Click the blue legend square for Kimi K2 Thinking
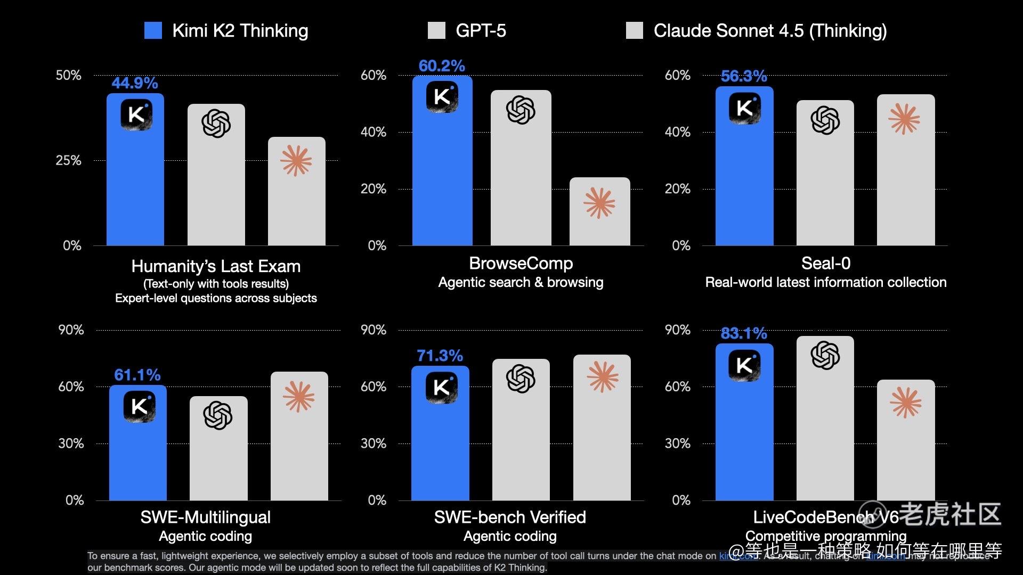[x=153, y=30]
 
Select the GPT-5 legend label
[x=480, y=31]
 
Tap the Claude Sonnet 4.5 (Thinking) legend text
[x=770, y=31]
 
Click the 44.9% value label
[x=134, y=83]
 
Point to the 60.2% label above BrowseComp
[x=442, y=66]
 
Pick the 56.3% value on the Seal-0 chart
[x=744, y=76]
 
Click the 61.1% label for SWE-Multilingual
[x=137, y=375]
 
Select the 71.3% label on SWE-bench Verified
[x=440, y=356]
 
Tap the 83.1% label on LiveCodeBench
[x=744, y=333]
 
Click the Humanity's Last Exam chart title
[x=216, y=266]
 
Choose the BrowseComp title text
[x=521, y=263]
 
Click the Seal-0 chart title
[x=825, y=263]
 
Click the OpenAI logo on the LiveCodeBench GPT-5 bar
[x=825, y=355]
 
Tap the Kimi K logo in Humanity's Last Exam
[x=136, y=114]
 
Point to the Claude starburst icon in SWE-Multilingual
[x=298, y=397]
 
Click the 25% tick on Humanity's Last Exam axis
[x=69, y=160]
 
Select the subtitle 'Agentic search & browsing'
[x=521, y=282]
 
